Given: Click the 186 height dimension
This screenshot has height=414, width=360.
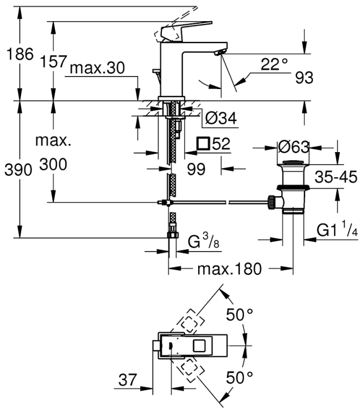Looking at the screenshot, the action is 20,54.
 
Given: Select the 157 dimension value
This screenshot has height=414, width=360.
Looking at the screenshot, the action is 53,61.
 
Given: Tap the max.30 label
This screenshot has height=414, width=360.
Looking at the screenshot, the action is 97,68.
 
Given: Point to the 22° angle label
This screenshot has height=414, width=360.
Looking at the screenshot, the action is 274,64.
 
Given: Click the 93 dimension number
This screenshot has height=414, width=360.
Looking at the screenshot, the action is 304,78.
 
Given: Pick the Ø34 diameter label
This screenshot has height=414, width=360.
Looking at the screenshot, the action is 221,118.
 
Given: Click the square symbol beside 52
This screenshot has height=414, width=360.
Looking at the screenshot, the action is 203,143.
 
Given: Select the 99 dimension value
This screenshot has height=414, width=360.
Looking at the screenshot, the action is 196,169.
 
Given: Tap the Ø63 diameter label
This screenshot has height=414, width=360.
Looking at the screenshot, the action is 293,147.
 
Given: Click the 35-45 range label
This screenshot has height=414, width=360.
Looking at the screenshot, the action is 336,177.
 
